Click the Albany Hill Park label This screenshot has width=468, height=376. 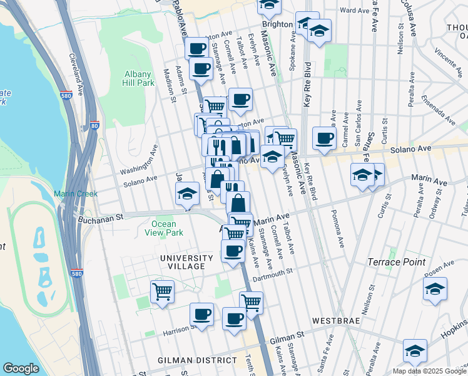pos(138,78)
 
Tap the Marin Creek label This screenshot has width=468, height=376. pos(75,194)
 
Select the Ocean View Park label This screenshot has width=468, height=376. pos(167,228)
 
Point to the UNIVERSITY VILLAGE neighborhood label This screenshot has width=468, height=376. pos(182,262)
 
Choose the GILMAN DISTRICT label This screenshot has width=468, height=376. pos(197,360)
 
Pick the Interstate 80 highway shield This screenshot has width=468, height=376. pos(94,125)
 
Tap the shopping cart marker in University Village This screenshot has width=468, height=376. pos(162,290)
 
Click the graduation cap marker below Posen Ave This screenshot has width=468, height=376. pos(435,289)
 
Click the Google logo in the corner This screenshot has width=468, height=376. pos(21,368)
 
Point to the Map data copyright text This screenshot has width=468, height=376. pos(429,371)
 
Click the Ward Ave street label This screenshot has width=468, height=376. pos(355,11)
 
